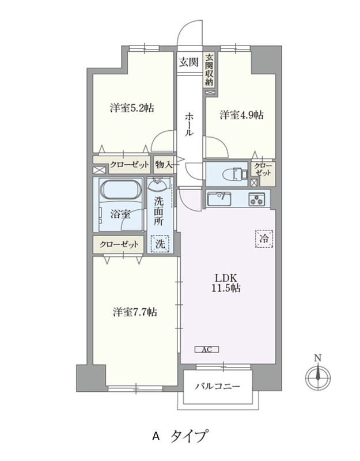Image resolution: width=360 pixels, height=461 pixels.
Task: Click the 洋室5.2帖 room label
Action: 131,108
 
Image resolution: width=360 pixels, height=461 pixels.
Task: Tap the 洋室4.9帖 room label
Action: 241,115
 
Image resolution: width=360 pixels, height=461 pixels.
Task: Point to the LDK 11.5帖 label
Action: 224,282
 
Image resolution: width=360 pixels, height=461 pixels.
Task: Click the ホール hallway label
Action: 190,124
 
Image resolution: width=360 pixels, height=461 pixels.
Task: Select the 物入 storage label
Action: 164,165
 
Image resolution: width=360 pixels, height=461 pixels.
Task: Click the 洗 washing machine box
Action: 161,244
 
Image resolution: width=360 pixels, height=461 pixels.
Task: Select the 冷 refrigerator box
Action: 263,237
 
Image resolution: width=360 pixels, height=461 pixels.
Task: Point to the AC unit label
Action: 207,349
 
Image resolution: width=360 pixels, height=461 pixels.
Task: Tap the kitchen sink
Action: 219,199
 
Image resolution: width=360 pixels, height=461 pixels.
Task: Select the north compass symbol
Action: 317,377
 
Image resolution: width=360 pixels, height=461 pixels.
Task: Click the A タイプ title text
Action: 179,436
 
